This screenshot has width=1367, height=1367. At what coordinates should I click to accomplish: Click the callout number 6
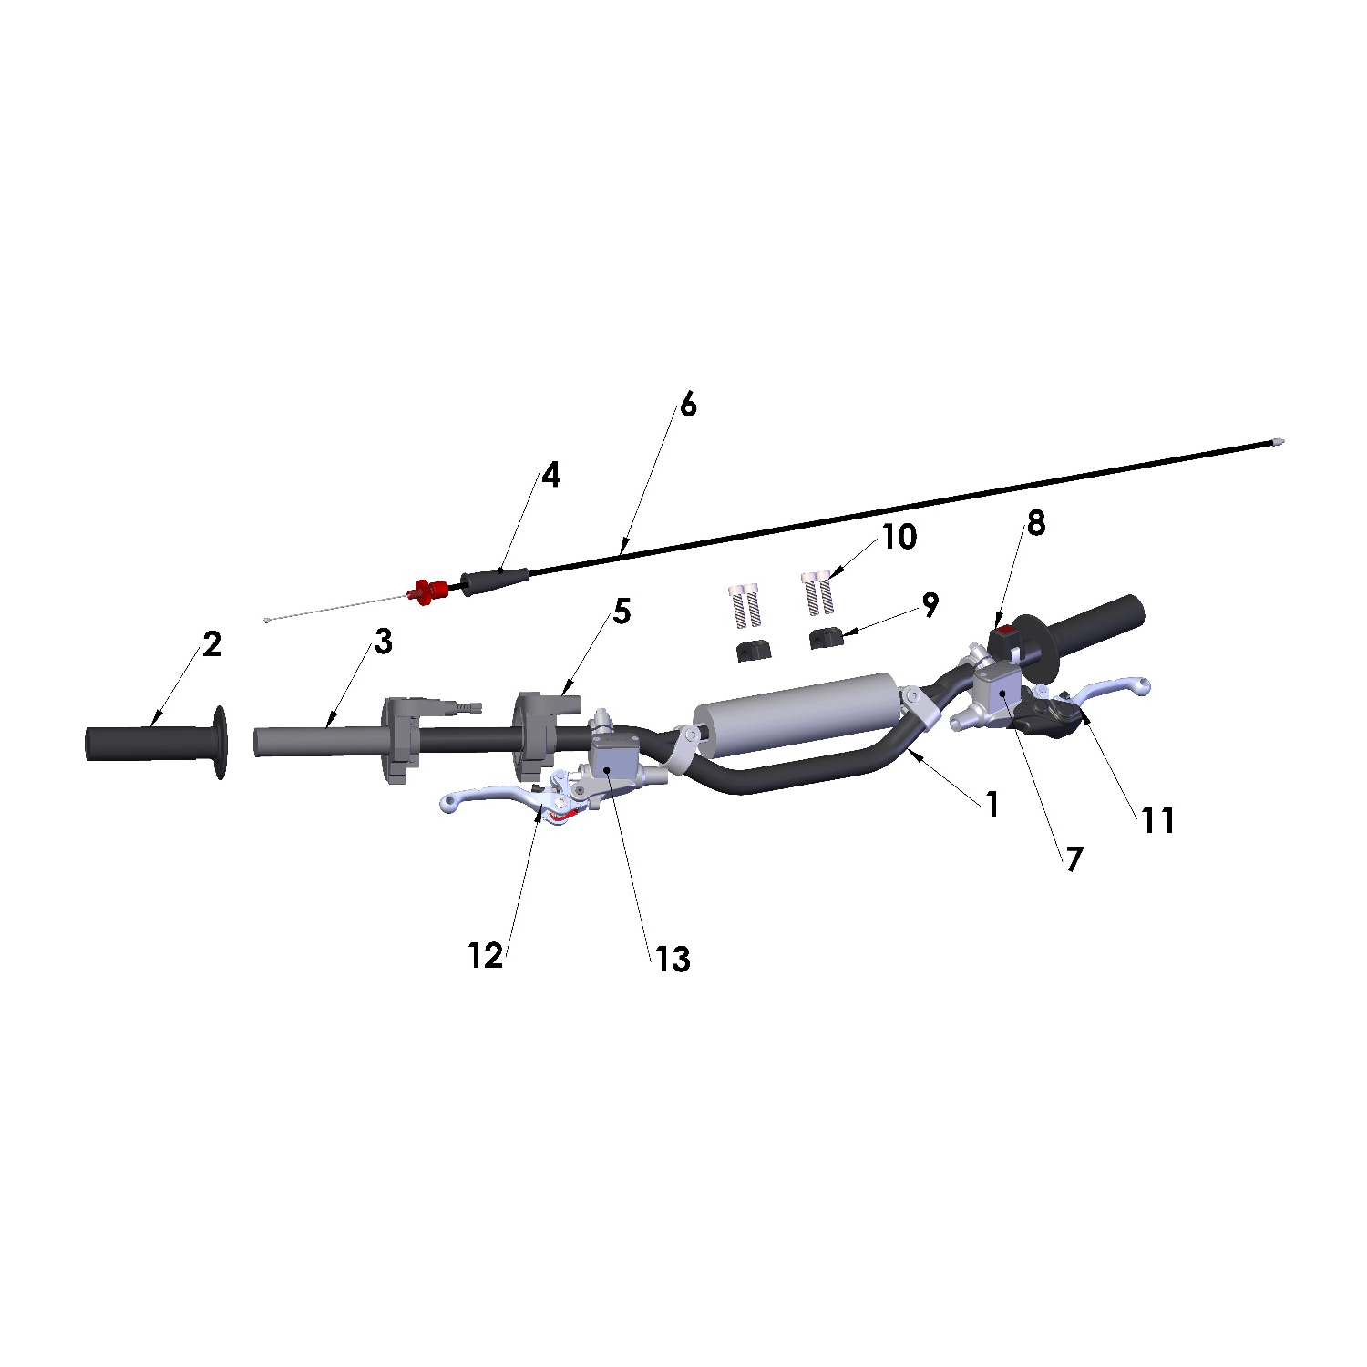pos(688,405)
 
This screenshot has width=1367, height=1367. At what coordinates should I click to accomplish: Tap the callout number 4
pos(550,475)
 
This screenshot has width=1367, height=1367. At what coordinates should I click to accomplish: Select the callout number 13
pos(673,959)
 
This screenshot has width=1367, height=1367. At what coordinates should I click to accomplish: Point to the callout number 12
pos(485,955)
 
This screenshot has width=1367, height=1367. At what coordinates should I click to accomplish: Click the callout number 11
pos(1158,820)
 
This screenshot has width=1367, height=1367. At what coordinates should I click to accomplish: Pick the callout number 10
pos(899,537)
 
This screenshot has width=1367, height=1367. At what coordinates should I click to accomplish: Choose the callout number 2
pos(211,644)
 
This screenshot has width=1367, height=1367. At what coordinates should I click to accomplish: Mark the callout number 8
pos(1036,523)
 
